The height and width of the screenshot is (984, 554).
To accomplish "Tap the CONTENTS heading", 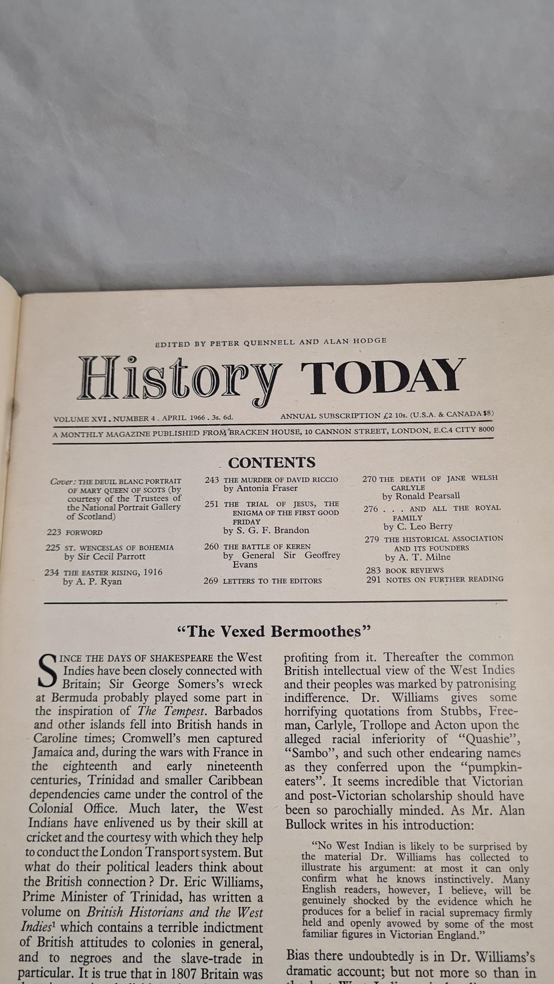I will pos(272,462).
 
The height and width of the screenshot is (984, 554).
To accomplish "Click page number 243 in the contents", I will pos(212,480).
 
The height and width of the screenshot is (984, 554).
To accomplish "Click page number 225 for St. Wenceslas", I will pos(53,547).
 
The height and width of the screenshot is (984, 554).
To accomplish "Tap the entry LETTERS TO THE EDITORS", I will pos(273,580).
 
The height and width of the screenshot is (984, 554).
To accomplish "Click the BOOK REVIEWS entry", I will pos(414,570).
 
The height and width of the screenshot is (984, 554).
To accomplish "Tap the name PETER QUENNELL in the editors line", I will pos(240,342).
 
